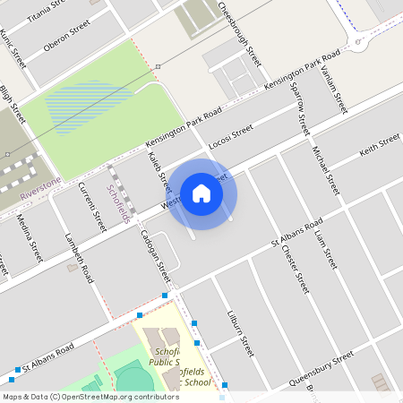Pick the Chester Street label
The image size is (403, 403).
tap(295, 268)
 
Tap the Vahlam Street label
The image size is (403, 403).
tap(333, 91)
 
